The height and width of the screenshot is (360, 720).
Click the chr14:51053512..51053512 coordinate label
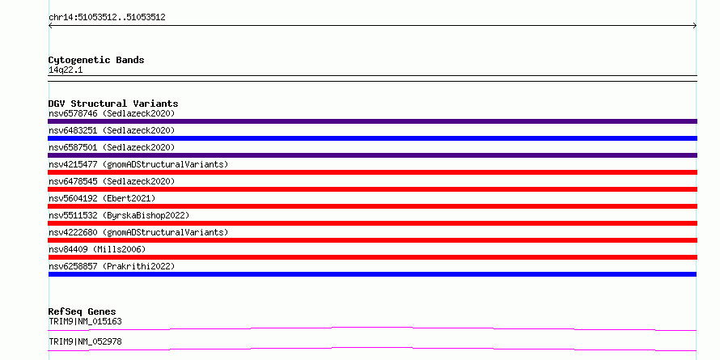107,18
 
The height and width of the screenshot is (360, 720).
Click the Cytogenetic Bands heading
96,60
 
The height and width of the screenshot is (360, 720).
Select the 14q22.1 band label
66,70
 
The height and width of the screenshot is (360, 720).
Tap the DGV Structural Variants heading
113,104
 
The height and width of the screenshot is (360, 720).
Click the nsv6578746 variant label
112,113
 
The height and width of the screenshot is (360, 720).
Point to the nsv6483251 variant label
112,130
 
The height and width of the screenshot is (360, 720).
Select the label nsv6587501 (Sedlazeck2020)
112,147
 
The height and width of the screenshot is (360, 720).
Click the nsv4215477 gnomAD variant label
138,164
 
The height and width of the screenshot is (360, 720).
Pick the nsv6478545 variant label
112,181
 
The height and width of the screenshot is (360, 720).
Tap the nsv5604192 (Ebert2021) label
102,198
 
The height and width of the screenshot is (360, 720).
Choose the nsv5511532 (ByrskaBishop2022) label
119,215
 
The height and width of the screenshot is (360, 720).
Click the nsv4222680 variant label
138,232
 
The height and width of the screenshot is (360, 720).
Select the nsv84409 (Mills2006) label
97,249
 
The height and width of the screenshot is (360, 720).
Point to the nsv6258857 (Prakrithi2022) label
112,266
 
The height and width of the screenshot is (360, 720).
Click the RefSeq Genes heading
83,311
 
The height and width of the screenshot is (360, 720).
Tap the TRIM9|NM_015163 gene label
86,321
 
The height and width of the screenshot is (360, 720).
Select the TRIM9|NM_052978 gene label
86,341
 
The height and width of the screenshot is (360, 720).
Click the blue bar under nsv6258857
372,274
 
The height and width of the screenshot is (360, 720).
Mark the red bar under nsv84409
372,257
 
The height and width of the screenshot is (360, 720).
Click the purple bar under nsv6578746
372,121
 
